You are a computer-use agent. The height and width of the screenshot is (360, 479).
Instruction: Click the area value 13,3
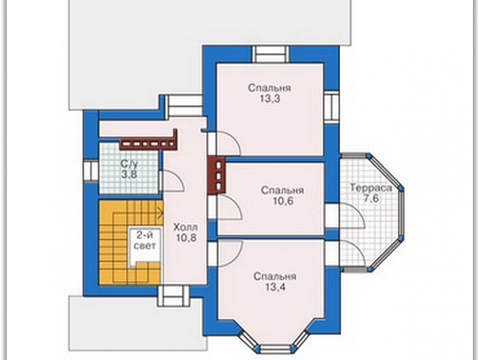click(x=270, y=99)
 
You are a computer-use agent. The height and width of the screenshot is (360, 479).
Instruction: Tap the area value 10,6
click(x=283, y=201)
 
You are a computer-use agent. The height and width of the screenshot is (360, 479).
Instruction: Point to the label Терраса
click(x=370, y=188)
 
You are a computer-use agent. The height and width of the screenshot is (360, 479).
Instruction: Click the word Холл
click(x=186, y=228)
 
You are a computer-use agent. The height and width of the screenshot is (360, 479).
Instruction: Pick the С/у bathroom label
click(x=129, y=164)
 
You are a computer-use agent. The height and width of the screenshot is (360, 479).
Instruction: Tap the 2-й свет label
click(x=144, y=241)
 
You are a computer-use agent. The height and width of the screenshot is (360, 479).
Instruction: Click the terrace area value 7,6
click(x=371, y=198)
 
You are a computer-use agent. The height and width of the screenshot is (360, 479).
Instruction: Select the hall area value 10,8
click(x=186, y=238)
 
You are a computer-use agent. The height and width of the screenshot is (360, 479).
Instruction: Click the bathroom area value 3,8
click(x=128, y=175)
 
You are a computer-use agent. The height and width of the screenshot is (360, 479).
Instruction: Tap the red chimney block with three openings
click(x=218, y=175)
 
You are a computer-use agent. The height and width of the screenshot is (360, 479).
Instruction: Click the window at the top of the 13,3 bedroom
click(x=270, y=54)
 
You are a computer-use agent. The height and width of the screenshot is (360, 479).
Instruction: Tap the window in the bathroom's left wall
click(x=91, y=171)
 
